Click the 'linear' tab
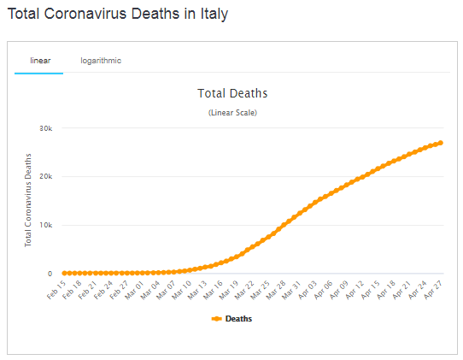point(40,61)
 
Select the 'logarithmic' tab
point(101,61)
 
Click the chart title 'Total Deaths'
point(232,93)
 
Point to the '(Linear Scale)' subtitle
point(232,113)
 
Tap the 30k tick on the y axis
point(46,128)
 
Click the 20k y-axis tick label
point(46,176)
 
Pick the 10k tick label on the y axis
point(46,225)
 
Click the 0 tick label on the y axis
point(50,274)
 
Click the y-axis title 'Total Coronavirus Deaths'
point(27,200)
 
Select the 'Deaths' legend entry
point(231,319)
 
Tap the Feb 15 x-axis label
point(56,290)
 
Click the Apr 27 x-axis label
point(433,290)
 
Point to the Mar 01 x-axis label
point(134,290)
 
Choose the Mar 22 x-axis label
point(244,290)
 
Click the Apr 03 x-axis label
point(308,290)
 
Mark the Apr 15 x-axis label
point(370,290)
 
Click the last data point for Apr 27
point(441,143)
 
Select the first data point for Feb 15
point(64,273)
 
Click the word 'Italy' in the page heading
point(214,14)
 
